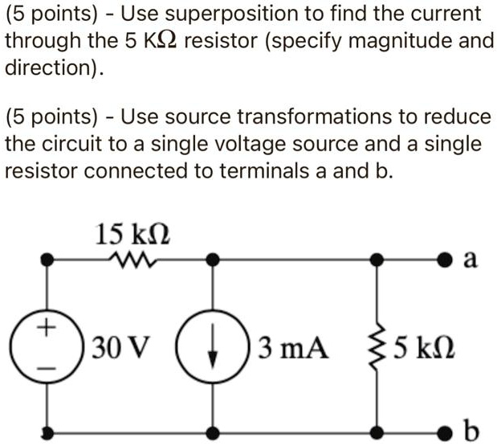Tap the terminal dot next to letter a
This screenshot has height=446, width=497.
click(x=446, y=260)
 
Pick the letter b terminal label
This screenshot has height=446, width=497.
click(x=471, y=432)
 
